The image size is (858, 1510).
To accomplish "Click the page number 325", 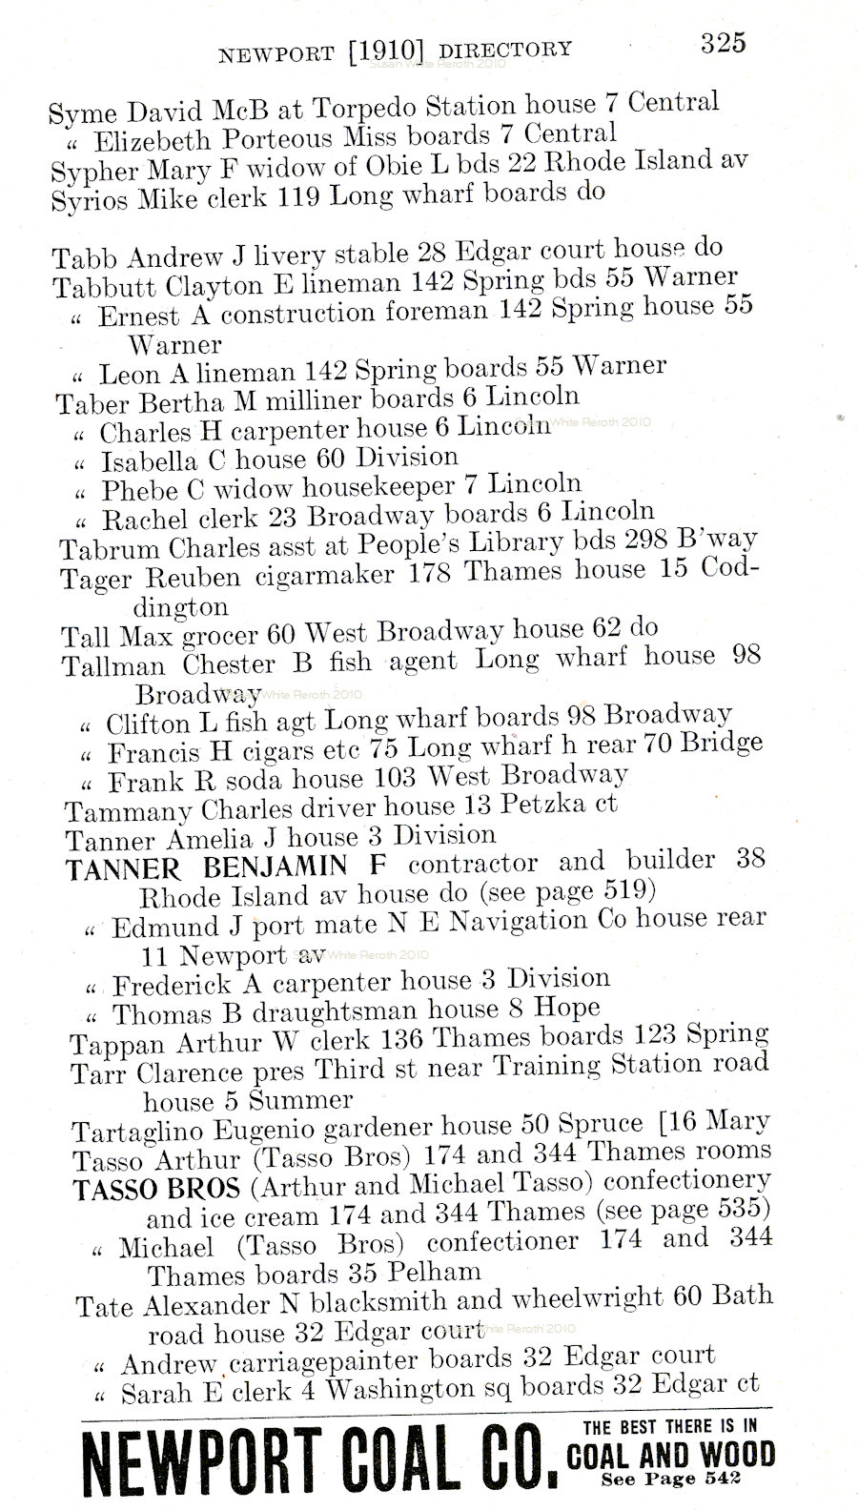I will [723, 43].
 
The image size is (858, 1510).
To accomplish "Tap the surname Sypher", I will [89, 172].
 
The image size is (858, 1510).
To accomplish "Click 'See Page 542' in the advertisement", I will [671, 1479].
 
